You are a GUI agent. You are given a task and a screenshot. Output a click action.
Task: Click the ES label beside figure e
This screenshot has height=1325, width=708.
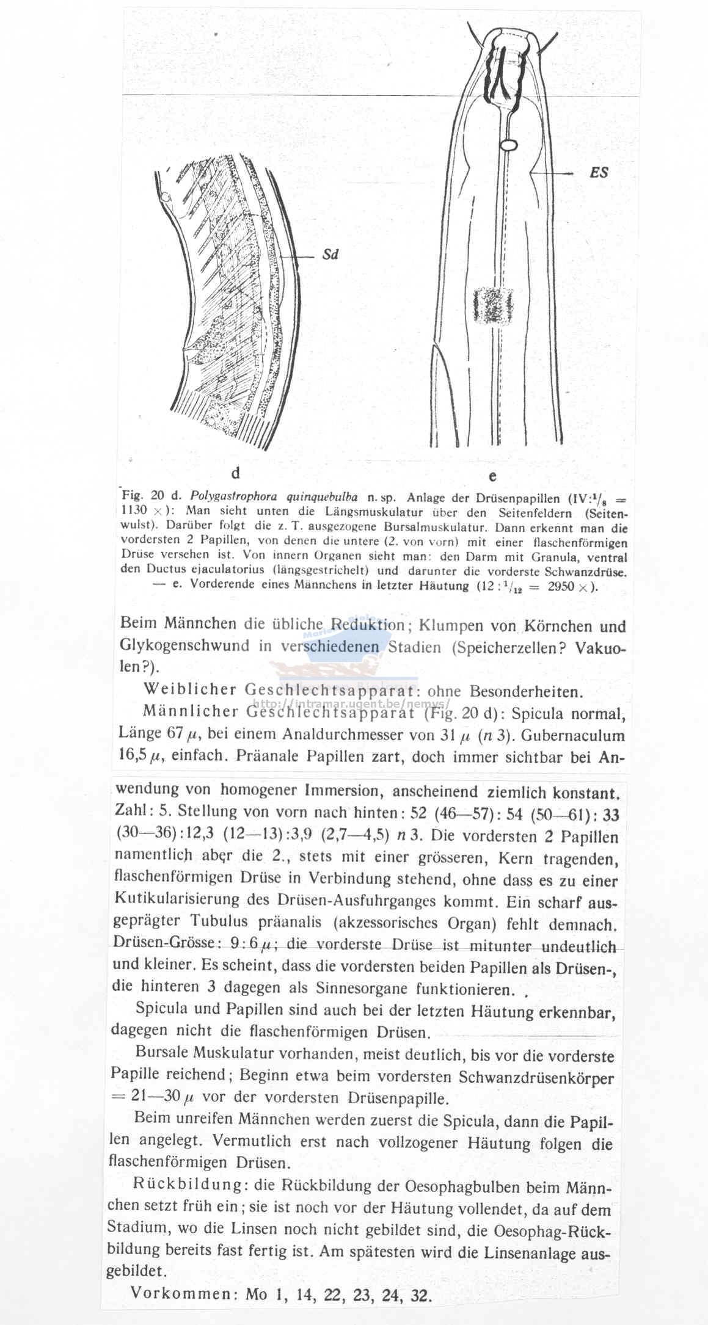click(599, 173)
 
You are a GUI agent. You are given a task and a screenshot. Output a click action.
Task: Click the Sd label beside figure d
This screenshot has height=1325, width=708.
click(330, 255)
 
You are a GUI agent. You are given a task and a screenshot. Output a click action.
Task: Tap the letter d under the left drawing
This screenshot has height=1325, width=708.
click(235, 473)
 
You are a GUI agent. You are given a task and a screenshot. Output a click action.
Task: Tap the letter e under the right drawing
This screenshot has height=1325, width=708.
click(492, 476)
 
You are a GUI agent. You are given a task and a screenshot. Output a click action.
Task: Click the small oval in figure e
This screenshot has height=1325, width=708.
click(508, 145)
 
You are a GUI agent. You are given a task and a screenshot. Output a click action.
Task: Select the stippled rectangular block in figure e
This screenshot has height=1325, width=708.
click(492, 305)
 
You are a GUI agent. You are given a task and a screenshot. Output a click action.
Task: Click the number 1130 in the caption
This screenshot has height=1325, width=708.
click(134, 510)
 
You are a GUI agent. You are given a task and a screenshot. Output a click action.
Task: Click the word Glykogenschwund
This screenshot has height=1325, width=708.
click(184, 645)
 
